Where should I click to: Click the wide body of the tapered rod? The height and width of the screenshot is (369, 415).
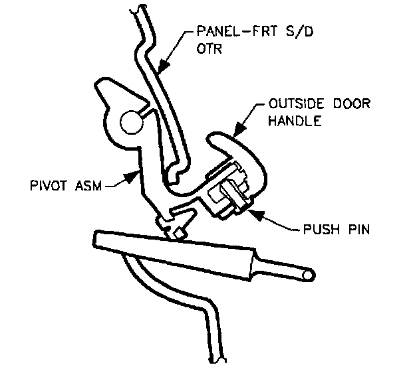pos(173,252)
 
